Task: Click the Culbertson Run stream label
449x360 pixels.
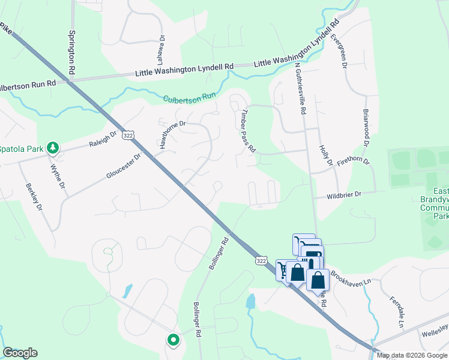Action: pos(189,97)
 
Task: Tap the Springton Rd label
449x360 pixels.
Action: pos(71,53)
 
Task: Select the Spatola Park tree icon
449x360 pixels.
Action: pos(53,148)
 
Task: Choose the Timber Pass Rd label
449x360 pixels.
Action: pos(249,131)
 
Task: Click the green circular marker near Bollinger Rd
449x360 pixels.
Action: pos(173,341)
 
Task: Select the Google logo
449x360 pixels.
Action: pos(20,353)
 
